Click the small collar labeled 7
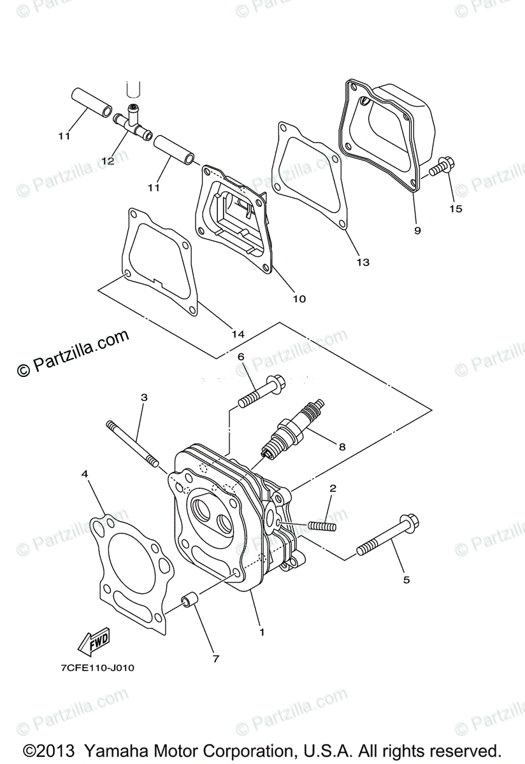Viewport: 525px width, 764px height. coord(190,601)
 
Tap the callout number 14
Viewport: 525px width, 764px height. coord(238,334)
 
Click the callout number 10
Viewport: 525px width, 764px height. coord(299,299)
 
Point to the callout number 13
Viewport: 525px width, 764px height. coord(363,262)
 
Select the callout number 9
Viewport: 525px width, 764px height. coord(417,230)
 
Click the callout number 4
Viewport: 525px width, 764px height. coord(85,474)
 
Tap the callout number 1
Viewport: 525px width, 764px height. coord(261,632)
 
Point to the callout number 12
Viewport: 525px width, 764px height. coord(107,161)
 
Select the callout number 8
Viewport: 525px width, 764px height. coord(342,447)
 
